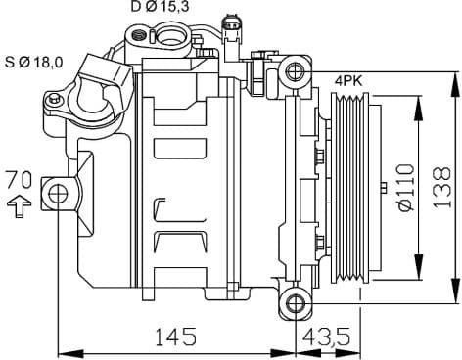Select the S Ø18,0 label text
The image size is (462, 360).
coord(35,62)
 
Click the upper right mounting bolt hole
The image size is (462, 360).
coord(295,68)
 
